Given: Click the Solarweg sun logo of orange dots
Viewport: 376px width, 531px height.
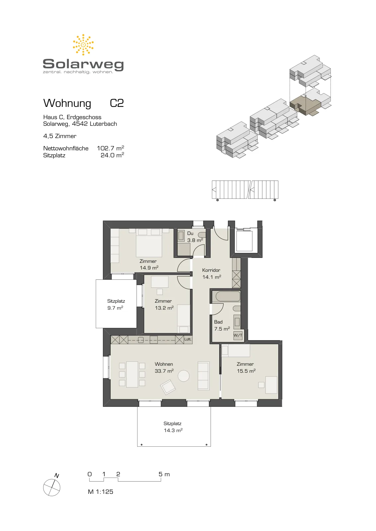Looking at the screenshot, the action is click(83, 45).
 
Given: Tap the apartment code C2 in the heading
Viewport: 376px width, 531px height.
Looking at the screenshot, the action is click(117, 103).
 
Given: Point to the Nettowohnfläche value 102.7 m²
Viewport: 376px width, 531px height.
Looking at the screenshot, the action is click(110, 148).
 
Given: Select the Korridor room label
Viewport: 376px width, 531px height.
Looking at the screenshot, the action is click(211, 270).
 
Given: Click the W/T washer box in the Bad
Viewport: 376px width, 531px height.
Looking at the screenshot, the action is click(238, 335).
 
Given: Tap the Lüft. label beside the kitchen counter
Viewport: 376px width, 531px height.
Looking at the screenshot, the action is click(188, 339).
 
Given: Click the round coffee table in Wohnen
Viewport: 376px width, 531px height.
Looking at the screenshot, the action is click(184, 376).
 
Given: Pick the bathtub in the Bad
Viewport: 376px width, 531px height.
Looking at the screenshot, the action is click(228, 297).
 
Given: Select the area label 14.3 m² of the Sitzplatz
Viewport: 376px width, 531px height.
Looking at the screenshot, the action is click(173, 430).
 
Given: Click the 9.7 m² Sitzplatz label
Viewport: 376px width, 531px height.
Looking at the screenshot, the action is click(115, 308).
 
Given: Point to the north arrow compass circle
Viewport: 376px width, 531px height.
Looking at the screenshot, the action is click(51, 488).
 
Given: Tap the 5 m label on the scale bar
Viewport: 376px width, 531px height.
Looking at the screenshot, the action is click(164, 474).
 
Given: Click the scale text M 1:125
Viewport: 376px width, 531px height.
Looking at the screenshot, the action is click(100, 492).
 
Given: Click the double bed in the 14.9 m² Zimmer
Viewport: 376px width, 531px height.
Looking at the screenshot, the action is click(149, 243).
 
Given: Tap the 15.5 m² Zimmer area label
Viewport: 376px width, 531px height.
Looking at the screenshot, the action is click(246, 371).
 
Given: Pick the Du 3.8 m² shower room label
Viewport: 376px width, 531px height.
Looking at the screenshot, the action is click(195, 237).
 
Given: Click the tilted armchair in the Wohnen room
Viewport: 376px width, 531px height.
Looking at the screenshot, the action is click(168, 387).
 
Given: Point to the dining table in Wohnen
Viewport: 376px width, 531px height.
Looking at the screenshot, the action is click(132, 374).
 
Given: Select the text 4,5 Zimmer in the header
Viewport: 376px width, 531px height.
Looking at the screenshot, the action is click(60, 136).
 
